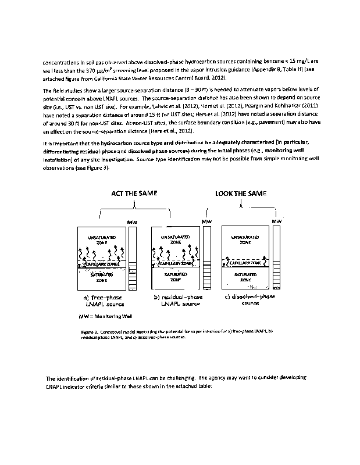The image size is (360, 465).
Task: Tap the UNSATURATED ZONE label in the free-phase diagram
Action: (101, 240)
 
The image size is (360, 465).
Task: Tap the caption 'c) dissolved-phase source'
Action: (250, 300)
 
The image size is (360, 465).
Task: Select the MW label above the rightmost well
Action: (277, 221)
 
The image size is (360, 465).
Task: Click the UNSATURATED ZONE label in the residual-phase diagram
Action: (175, 240)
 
